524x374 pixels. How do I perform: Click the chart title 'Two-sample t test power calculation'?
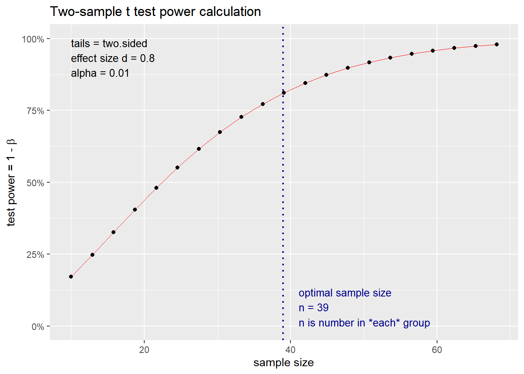pyautogui.click(x=155, y=12)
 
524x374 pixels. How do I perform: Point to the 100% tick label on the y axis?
pyautogui.click(x=33, y=39)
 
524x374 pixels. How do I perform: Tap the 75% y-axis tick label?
pyautogui.click(x=35, y=111)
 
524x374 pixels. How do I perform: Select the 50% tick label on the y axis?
pyautogui.click(x=35, y=183)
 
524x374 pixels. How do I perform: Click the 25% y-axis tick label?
pyautogui.click(x=35, y=255)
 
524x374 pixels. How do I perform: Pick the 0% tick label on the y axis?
pyautogui.click(x=37, y=326)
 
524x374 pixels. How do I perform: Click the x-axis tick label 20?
pyautogui.click(x=144, y=349)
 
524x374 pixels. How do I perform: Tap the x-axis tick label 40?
pyautogui.click(x=290, y=349)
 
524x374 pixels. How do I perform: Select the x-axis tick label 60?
pyautogui.click(x=437, y=349)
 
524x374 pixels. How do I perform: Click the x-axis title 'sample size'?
pyautogui.click(x=283, y=363)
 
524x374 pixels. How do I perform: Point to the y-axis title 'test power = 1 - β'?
pyautogui.click(x=11, y=182)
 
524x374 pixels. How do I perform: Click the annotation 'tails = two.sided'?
pyautogui.click(x=109, y=44)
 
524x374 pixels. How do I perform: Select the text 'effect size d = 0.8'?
pyautogui.click(x=113, y=58)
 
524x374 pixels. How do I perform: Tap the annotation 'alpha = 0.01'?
pyautogui.click(x=100, y=73)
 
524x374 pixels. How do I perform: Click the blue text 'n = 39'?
pyautogui.click(x=313, y=308)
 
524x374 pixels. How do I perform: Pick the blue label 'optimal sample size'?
pyautogui.click(x=345, y=293)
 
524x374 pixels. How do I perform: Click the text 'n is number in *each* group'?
pyautogui.click(x=364, y=323)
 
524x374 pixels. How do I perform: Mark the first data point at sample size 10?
pyautogui.click(x=71, y=277)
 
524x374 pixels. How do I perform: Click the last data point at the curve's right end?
pyautogui.click(x=497, y=44)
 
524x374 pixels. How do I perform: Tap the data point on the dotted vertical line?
pyautogui.click(x=284, y=93)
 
